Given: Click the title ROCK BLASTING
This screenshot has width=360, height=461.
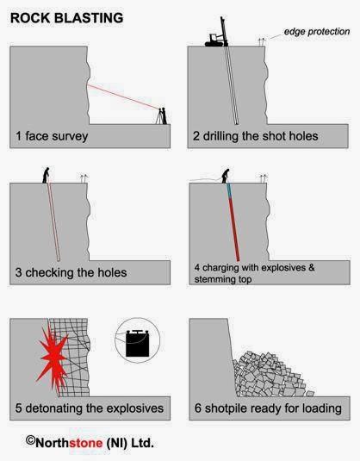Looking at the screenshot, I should [65, 17].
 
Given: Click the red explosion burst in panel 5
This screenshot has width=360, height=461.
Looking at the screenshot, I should [52, 356].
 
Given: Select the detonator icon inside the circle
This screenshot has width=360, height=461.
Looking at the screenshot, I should [139, 343].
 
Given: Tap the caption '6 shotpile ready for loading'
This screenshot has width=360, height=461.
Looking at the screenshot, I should [268, 408].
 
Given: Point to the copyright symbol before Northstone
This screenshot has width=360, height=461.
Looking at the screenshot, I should [30, 439].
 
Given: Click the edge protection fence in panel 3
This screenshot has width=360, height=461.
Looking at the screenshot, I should [83, 177].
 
